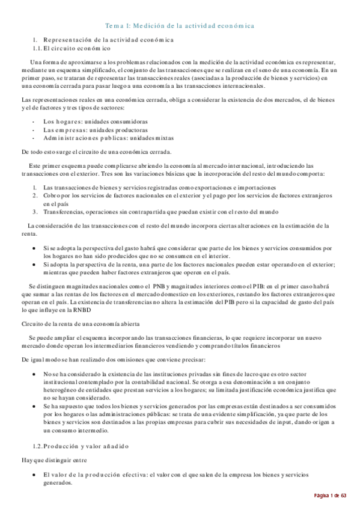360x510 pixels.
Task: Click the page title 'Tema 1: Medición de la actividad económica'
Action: coord(180,26)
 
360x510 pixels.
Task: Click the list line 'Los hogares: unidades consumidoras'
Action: coord(96,121)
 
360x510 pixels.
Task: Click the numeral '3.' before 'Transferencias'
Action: coord(35,211)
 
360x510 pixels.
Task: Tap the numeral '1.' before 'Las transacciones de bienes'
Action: coord(35,188)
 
